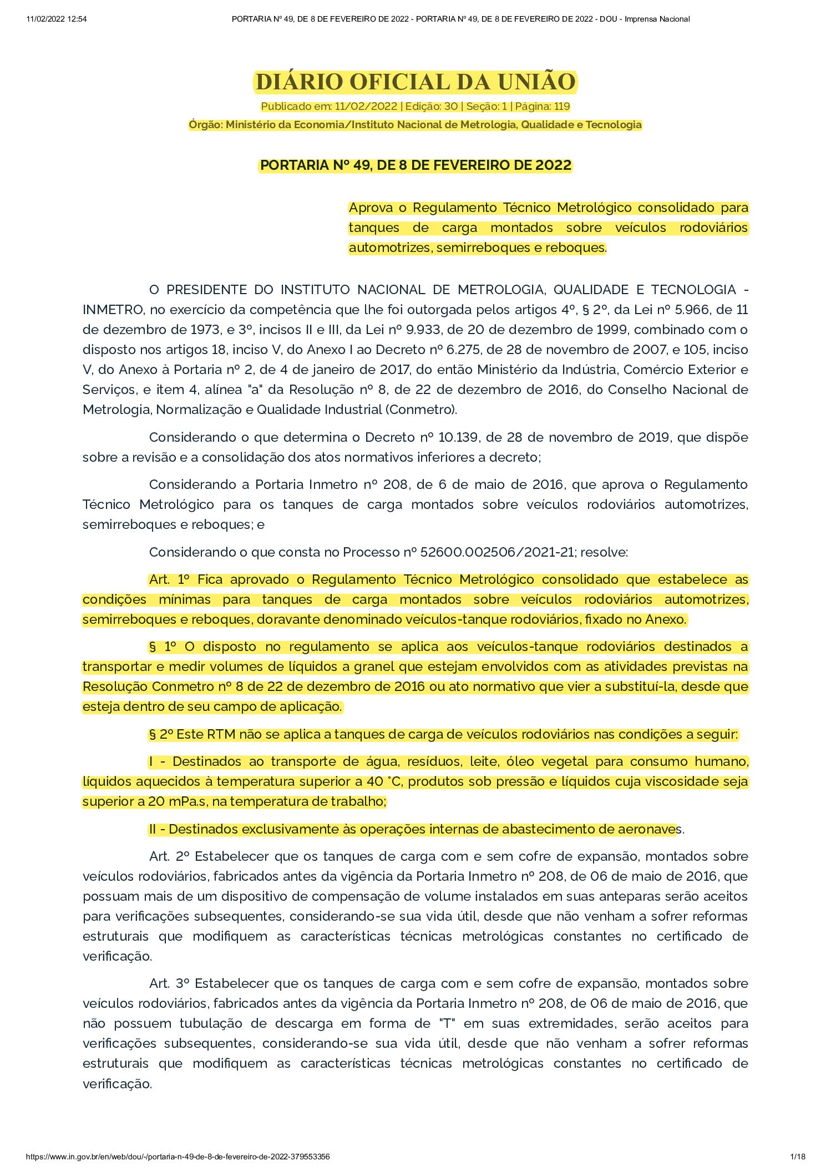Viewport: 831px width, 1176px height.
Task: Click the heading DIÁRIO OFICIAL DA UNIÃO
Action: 415,82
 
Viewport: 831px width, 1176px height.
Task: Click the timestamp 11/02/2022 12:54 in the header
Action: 57,19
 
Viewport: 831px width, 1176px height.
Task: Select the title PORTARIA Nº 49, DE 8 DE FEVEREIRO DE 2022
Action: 415,165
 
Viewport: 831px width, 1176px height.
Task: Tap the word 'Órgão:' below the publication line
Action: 205,125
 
